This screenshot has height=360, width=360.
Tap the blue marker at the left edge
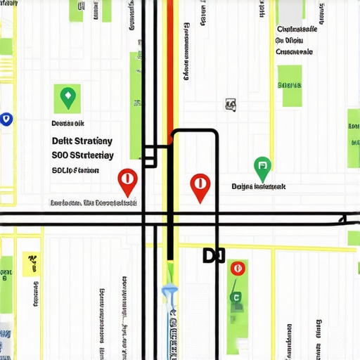(6, 120)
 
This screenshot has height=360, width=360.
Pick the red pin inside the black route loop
(200, 186)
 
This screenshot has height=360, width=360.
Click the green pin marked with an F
(262, 167)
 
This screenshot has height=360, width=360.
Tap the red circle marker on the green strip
(238, 268)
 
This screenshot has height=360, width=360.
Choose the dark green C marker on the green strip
(237, 297)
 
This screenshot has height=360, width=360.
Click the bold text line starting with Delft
(82, 141)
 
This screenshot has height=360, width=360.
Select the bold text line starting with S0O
(82, 155)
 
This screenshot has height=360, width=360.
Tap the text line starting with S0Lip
(75, 170)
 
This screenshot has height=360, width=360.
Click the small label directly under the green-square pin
(69, 122)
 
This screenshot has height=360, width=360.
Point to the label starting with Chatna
(297, 30)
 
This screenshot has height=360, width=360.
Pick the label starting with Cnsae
(294, 51)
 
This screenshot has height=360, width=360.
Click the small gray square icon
(231, 105)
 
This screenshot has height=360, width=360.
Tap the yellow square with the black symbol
(30, 263)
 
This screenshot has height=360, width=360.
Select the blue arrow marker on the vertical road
(169, 291)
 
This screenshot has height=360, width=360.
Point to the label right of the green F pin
(258, 187)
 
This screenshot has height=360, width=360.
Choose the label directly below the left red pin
(94, 203)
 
